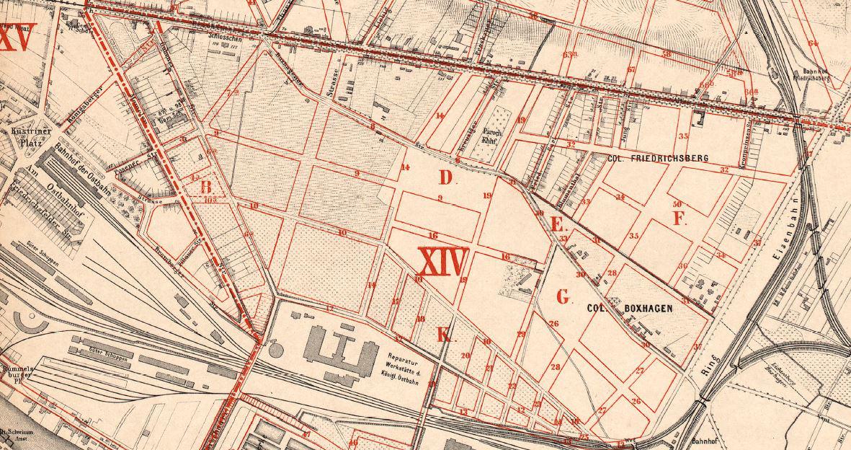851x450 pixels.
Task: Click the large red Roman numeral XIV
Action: tap(443, 262)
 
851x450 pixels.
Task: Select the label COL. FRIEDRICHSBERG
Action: tap(647, 158)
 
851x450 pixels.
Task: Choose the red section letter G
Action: tap(563, 296)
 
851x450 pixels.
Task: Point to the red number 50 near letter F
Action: tap(677, 205)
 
